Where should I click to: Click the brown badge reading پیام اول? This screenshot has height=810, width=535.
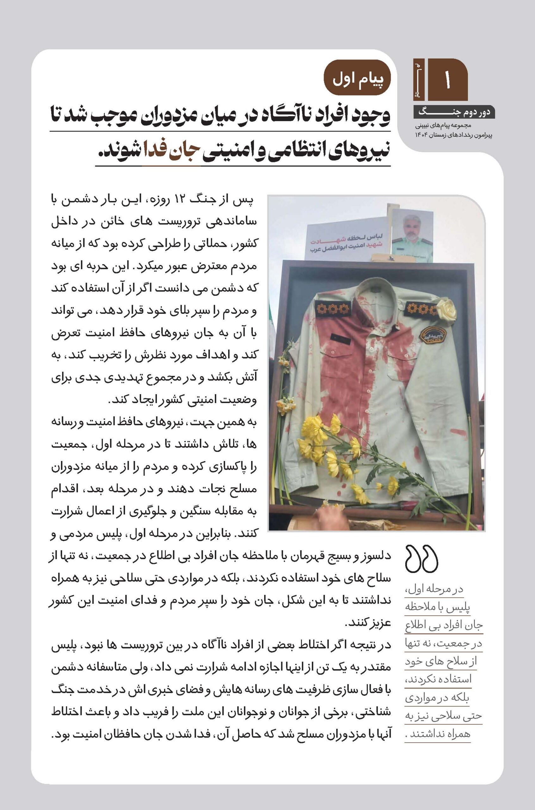(x=357, y=78)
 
